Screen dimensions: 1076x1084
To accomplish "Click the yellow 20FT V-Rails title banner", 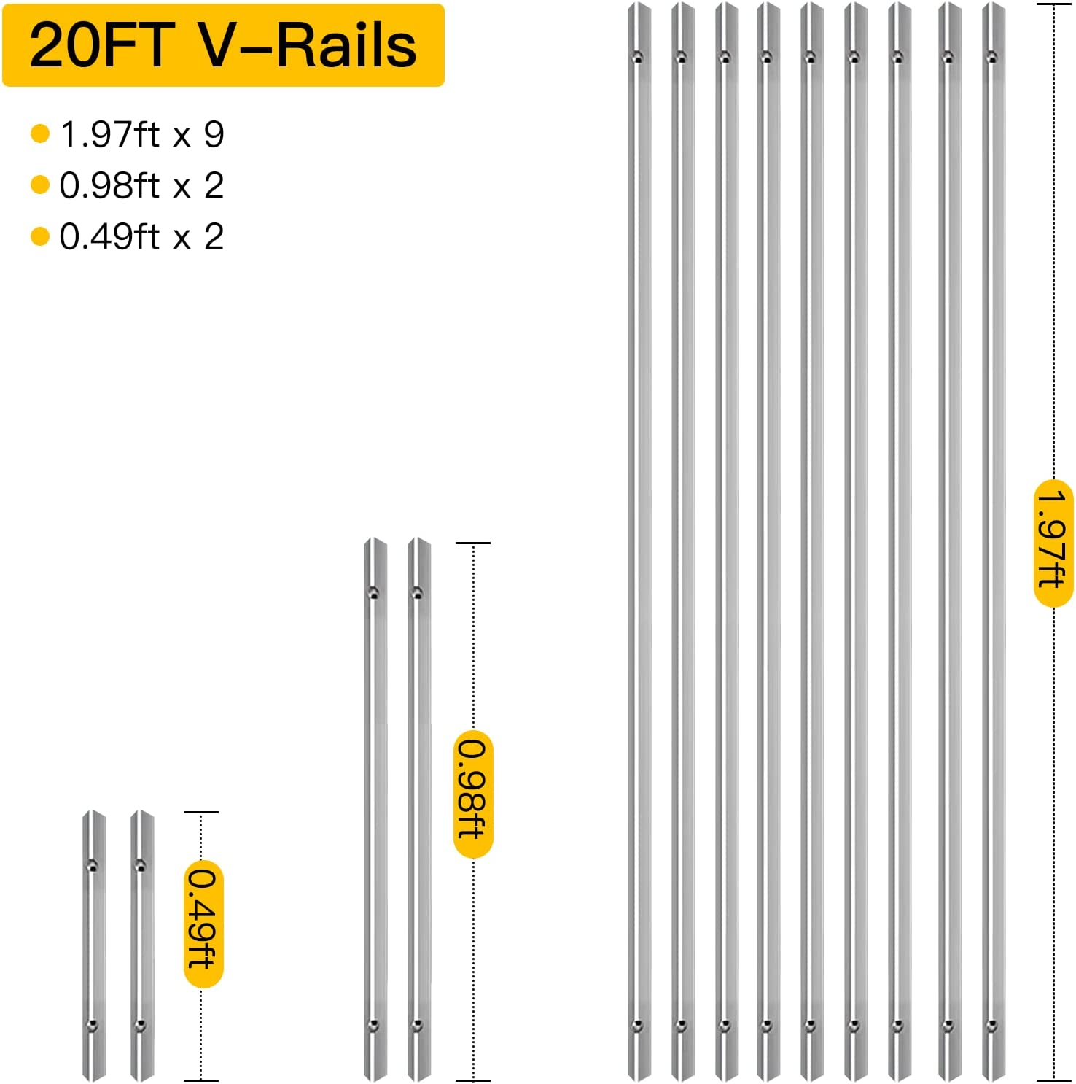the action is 223,45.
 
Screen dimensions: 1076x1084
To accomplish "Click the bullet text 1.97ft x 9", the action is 142,134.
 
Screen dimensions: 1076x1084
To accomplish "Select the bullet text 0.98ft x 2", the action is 141,185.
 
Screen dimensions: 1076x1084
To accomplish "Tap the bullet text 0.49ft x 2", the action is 141,236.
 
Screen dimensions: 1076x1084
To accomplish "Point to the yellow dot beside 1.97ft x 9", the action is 40,133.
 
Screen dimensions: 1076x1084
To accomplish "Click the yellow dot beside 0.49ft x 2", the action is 40,236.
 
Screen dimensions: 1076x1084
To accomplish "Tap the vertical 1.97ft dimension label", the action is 1053,543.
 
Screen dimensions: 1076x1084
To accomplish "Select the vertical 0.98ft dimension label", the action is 473,794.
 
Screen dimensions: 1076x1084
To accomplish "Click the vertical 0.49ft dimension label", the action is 203,924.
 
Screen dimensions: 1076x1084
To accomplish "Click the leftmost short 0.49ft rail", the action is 94,945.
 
